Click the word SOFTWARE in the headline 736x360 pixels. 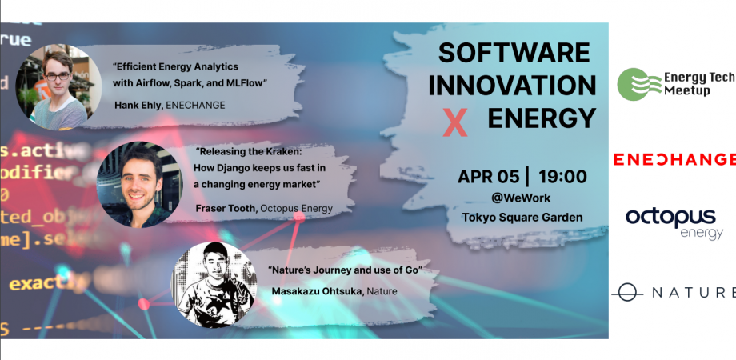[x=514, y=54]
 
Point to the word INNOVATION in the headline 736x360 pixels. [x=517, y=86]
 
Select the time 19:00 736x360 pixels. [x=562, y=178]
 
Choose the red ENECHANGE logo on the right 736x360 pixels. [x=674, y=159]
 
